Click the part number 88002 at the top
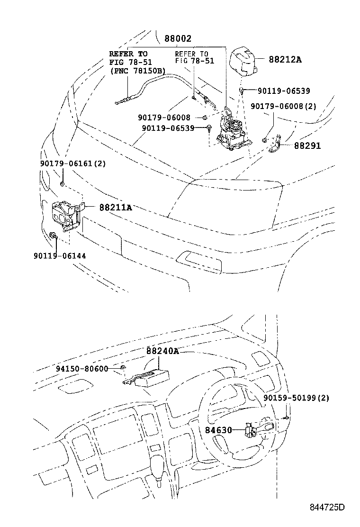(x=178, y=39)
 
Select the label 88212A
(x=285, y=60)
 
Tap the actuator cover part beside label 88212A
(x=243, y=62)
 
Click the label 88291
(x=307, y=146)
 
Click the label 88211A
(x=116, y=207)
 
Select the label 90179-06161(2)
(x=72, y=164)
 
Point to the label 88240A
(x=162, y=351)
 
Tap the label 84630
(x=218, y=430)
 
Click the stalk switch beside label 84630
(x=258, y=429)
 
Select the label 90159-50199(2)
(x=296, y=398)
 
